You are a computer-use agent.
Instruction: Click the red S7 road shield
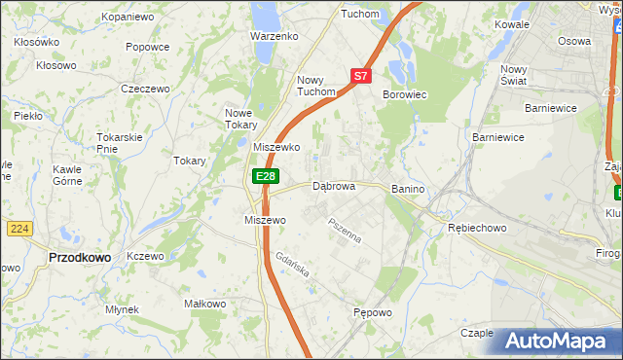pyautogui.click(x=361, y=75)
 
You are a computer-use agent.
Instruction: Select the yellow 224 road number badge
pyautogui.click(x=20, y=229)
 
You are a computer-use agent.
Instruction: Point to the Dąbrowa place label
pyautogui.click(x=333, y=186)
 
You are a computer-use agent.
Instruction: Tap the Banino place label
pyautogui.click(x=410, y=188)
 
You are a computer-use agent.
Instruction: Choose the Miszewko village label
pyautogui.click(x=275, y=147)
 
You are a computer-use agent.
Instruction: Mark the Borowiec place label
pyautogui.click(x=407, y=94)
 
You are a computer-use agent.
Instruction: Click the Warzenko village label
pyautogui.click(x=274, y=36)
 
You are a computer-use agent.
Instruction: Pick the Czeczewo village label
pyautogui.click(x=145, y=89)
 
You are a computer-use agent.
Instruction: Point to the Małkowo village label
pyautogui.click(x=205, y=304)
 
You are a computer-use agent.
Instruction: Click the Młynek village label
pyautogui.click(x=123, y=309)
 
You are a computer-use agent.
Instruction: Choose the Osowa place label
pyautogui.click(x=573, y=41)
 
